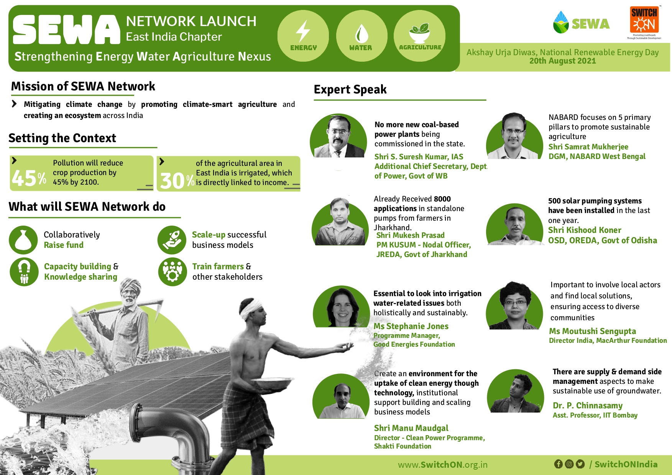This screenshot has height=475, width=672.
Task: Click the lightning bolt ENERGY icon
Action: [x=303, y=31]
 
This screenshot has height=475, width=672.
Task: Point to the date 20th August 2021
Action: [x=562, y=61]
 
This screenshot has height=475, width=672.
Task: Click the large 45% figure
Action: [x=29, y=178]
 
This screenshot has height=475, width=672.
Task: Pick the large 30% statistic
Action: [x=177, y=180]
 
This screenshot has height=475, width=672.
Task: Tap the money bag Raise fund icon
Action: [x=23, y=240]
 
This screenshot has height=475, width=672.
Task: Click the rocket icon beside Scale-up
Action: [x=172, y=240]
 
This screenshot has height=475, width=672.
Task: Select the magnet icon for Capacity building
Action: [x=24, y=272]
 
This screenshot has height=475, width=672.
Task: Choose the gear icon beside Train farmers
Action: [x=173, y=272]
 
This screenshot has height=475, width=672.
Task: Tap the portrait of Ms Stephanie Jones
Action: [x=342, y=306]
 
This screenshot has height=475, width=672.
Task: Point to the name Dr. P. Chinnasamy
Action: [x=588, y=405]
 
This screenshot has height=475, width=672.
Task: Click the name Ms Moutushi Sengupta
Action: [x=592, y=331]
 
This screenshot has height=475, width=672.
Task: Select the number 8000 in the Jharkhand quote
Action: [x=442, y=199]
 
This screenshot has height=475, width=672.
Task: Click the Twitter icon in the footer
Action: [x=580, y=464]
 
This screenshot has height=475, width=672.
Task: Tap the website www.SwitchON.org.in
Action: [x=443, y=465]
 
